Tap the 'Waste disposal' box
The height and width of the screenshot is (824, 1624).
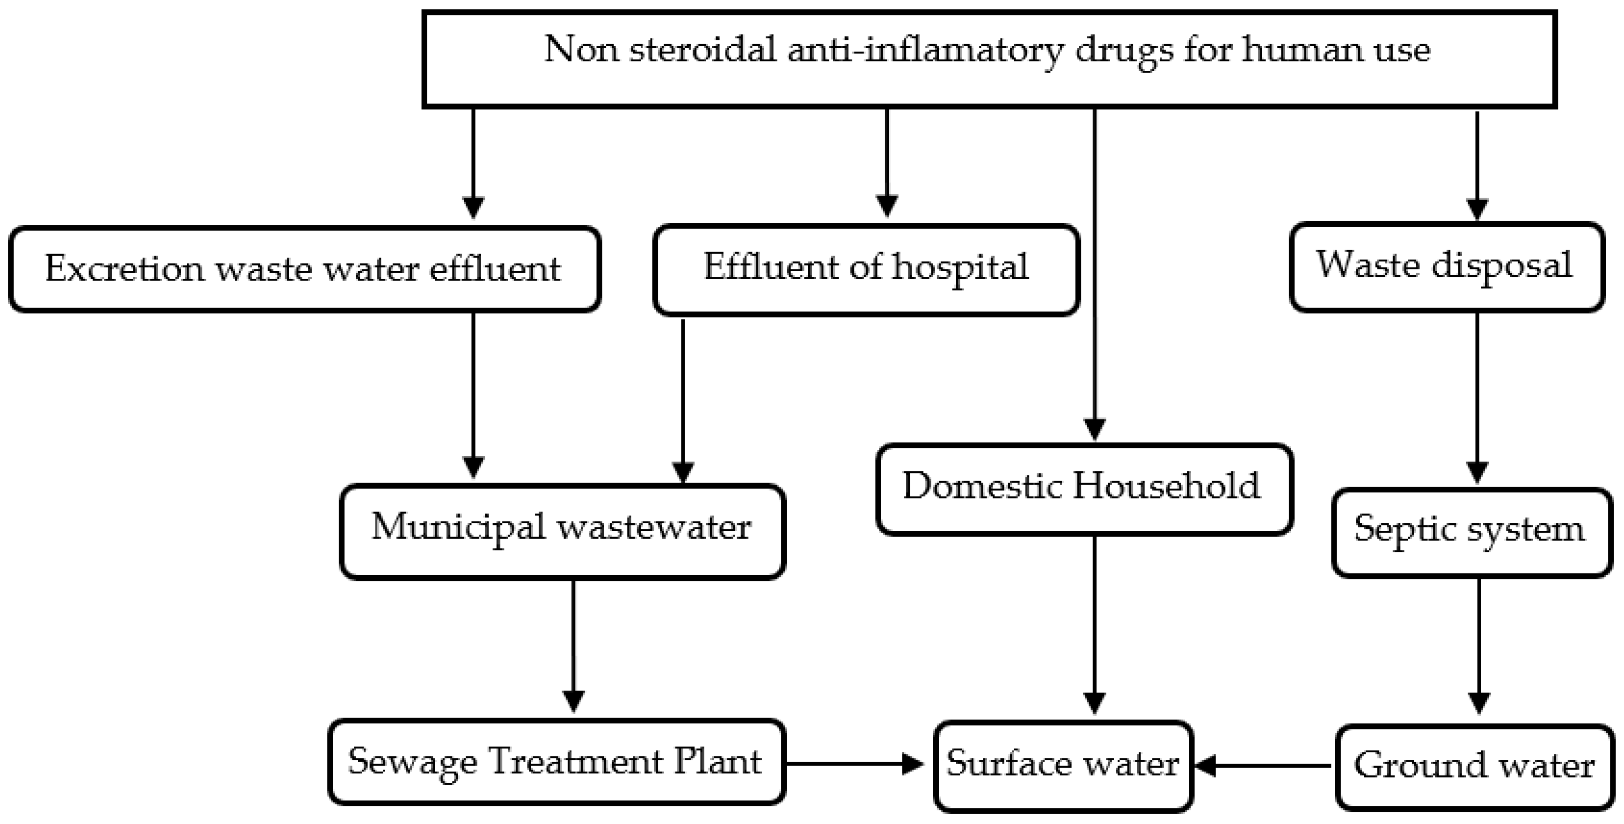tap(1447, 266)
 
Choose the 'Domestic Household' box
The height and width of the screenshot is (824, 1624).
tap(1084, 489)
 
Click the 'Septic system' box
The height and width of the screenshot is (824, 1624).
tap(1471, 532)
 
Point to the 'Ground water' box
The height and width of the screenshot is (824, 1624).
tap(1474, 766)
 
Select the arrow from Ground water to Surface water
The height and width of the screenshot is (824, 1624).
tap(1264, 766)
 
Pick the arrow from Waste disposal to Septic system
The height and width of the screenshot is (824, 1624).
tap(1477, 398)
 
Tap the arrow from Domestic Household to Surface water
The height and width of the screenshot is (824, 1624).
tap(1094, 624)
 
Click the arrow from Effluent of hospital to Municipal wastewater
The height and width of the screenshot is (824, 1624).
tap(683, 401)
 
